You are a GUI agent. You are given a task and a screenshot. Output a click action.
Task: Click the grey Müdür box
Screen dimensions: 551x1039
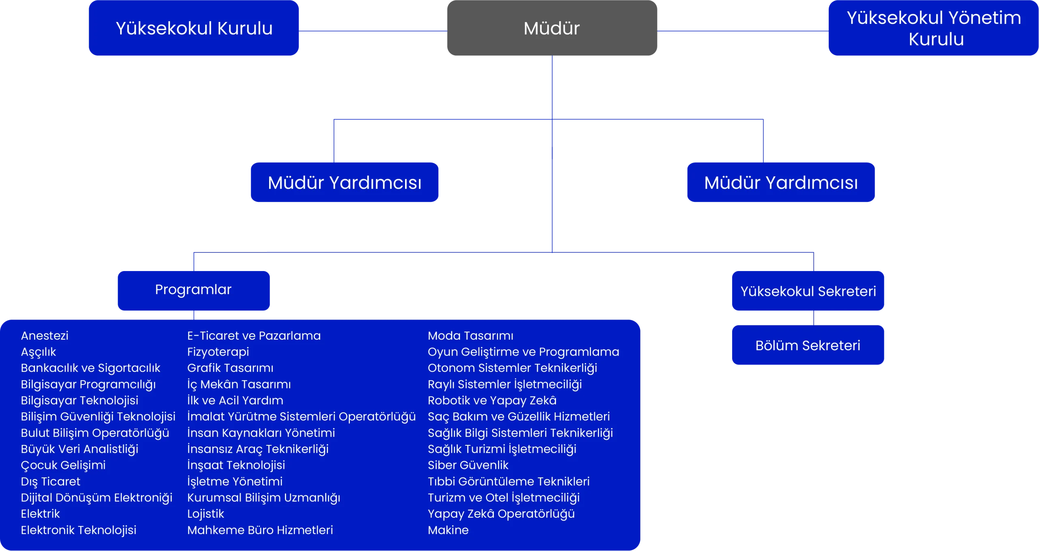click(x=552, y=28)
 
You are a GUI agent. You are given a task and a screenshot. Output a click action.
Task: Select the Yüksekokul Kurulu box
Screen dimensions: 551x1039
click(x=194, y=28)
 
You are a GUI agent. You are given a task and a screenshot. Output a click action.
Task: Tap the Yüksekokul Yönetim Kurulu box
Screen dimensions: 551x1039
click(x=933, y=28)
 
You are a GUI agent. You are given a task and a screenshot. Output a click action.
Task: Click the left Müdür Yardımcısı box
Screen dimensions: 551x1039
click(x=345, y=182)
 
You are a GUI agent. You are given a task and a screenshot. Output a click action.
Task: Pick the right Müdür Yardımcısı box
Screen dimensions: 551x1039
click(x=780, y=182)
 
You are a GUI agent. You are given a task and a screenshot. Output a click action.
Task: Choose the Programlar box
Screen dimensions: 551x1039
click(x=193, y=290)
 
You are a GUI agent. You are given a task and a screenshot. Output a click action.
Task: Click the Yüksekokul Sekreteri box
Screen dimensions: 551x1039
click(x=808, y=291)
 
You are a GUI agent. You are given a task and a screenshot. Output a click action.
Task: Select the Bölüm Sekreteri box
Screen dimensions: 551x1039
click(x=808, y=345)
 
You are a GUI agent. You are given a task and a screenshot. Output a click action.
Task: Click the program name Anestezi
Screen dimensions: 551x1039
click(x=45, y=336)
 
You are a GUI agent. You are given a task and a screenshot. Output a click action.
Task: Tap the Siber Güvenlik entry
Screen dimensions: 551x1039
click(x=468, y=465)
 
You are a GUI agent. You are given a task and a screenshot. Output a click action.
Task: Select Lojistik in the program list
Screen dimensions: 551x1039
click(x=205, y=514)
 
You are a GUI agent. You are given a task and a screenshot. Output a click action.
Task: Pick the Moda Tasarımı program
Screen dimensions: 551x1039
click(x=470, y=336)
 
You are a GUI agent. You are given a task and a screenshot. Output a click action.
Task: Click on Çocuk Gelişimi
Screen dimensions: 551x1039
click(x=63, y=465)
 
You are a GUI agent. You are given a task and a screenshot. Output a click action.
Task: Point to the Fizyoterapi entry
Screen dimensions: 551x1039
click(x=218, y=352)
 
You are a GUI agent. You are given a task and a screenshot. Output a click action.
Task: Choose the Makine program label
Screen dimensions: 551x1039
click(x=448, y=530)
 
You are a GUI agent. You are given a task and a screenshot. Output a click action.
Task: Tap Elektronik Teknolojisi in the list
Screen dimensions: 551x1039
click(x=78, y=530)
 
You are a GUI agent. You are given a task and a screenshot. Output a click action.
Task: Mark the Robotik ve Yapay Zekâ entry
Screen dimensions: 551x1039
click(x=492, y=400)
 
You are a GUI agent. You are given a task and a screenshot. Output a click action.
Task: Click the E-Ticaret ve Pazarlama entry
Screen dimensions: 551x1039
click(x=254, y=336)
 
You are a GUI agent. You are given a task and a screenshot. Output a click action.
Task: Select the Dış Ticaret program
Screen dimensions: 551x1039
click(x=50, y=482)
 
